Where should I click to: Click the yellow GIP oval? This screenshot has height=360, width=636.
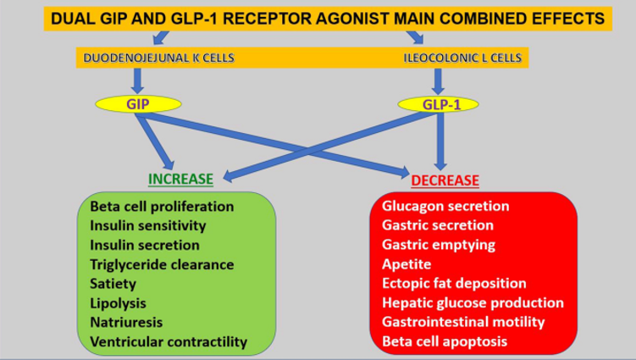[138, 104]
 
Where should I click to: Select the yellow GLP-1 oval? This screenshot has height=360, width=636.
[438, 104]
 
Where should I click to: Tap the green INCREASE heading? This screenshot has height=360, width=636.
[180, 179]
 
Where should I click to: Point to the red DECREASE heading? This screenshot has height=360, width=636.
[445, 180]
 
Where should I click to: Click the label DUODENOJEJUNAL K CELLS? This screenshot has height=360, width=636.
[158, 58]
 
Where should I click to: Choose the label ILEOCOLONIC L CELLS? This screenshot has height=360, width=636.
[462, 58]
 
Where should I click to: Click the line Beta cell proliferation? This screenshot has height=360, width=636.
[162, 207]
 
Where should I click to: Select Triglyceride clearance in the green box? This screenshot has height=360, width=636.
[162, 264]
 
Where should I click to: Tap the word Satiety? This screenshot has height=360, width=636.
[113, 284]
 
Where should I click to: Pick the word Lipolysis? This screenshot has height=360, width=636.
[118, 303]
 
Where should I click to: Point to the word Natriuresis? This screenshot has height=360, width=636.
[126, 322]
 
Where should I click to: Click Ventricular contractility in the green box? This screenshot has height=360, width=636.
[169, 341]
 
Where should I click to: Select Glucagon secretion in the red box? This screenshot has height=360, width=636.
[445, 206]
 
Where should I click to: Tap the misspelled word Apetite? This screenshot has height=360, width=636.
[406, 264]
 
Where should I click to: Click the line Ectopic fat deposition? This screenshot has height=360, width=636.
[454, 283]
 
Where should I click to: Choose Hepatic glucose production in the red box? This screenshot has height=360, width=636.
[473, 302]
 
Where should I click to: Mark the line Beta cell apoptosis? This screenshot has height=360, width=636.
[445, 341]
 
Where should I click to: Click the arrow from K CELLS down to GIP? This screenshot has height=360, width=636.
[137, 80]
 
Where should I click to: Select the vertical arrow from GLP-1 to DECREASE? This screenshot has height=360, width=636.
[440, 141]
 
